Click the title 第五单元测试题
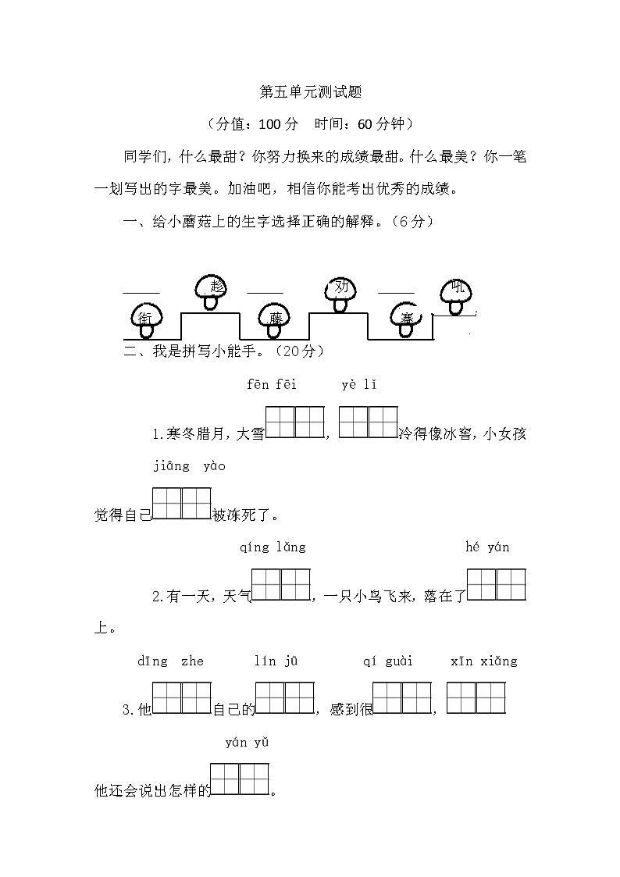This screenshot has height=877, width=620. pos(310,92)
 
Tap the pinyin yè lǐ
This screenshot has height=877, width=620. pos(359,384)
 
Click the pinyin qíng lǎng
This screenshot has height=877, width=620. pos(273,547)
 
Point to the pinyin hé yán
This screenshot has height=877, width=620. pos(487,547)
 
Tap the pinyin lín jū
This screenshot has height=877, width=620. pos(276,661)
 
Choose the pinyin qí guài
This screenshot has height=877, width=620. pos(388,661)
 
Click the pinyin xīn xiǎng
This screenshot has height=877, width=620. pos(484,661)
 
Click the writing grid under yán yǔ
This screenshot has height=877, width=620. pos(240,779)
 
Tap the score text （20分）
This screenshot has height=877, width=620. pos(294,351)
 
